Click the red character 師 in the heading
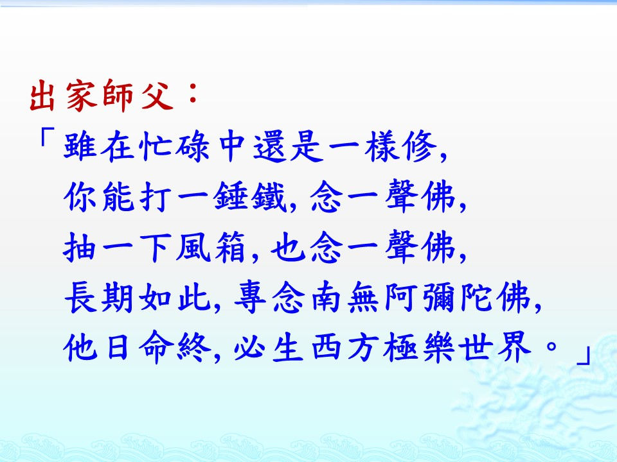118,95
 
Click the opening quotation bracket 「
44,139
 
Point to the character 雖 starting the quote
80,146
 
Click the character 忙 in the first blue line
155,146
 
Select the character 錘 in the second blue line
230,196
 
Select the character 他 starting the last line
80,347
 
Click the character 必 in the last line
249,347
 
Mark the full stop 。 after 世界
551,347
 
